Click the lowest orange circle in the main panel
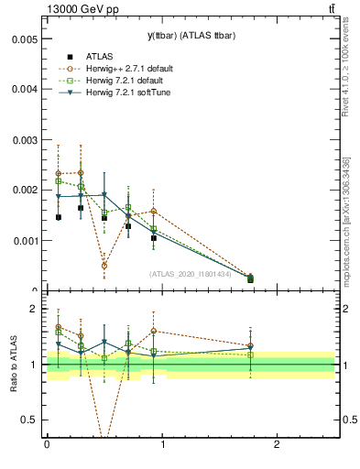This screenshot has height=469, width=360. pyautogui.click(x=104, y=266)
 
